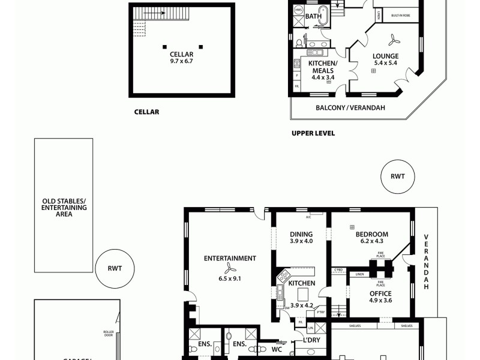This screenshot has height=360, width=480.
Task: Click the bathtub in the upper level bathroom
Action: click(x=323, y=15)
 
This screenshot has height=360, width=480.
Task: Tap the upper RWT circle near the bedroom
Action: click(x=397, y=176)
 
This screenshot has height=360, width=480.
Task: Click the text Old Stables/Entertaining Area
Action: click(x=64, y=207)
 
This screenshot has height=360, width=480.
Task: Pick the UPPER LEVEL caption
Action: click(x=313, y=133)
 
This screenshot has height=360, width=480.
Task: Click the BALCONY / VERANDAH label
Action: click(x=350, y=108)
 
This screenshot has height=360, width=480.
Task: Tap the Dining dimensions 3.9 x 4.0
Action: click(x=301, y=241)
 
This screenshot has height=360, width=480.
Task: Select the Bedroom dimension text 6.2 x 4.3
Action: click(x=371, y=241)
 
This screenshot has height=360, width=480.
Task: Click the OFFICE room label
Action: click(x=380, y=293)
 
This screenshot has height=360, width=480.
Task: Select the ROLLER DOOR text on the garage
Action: click(x=109, y=334)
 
